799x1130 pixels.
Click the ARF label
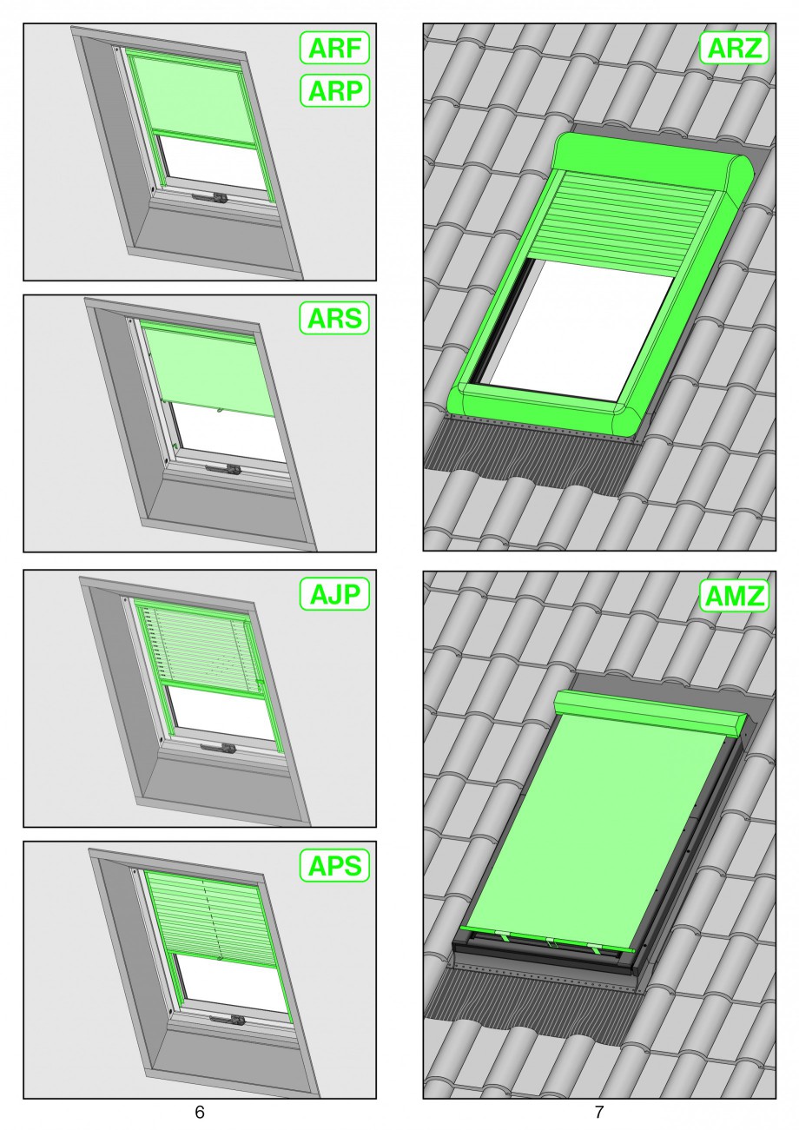pos(334,48)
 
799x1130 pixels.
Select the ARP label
pos(334,90)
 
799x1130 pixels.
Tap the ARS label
pos(334,318)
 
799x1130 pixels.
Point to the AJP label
pos(334,594)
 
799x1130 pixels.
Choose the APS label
pos(334,865)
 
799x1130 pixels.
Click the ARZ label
pos(734,48)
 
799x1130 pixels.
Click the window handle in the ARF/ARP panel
pos(208,196)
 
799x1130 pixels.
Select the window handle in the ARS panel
pos(223,469)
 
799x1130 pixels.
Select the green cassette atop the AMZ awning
pos(650,714)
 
